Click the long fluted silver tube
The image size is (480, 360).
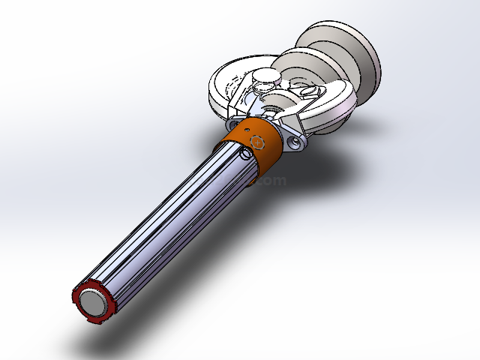(172, 225)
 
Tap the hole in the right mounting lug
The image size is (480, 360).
(292, 140)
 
